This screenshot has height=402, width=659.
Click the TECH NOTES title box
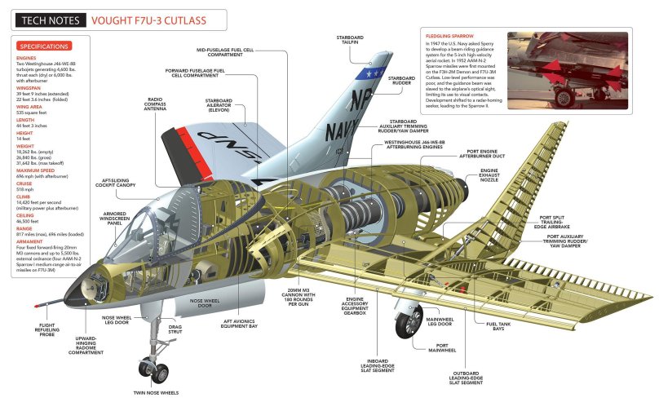coord(44,17)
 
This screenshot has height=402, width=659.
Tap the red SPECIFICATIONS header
coord(43,46)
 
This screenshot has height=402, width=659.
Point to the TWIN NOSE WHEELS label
coord(156,393)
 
